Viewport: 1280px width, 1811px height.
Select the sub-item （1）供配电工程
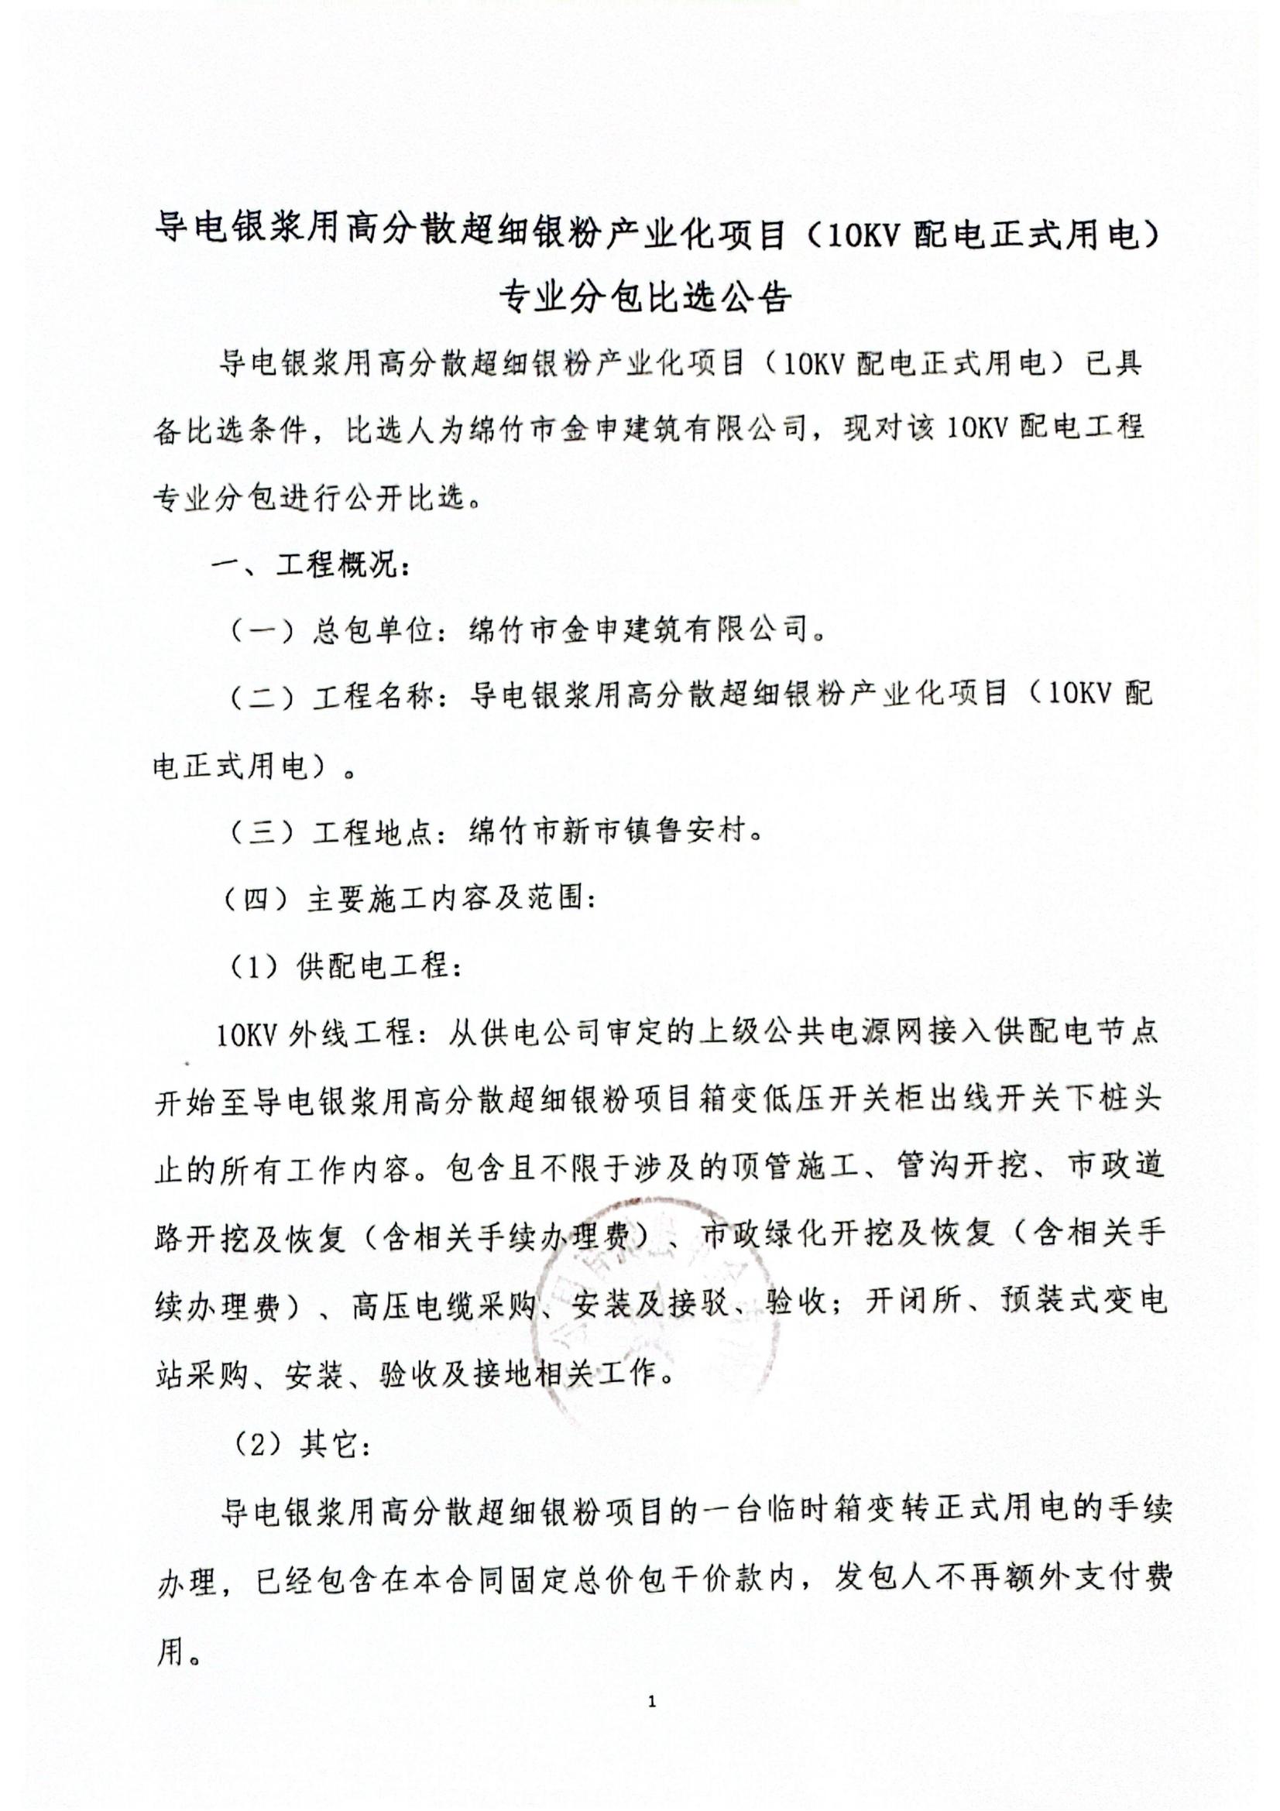click(345, 966)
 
